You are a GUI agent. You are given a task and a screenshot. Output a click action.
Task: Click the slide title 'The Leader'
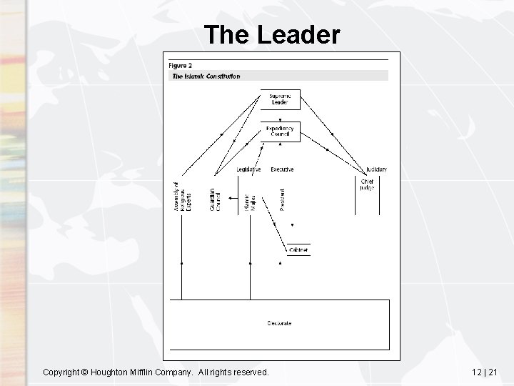point(271,34)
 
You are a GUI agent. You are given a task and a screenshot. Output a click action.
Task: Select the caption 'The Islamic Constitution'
point(206,76)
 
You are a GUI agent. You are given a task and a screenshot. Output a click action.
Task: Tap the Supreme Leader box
point(279,99)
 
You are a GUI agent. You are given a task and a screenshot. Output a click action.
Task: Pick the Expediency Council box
point(279,132)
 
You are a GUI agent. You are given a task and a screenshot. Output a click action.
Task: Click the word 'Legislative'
point(248,169)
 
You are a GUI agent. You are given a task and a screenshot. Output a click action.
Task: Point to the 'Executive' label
point(282,169)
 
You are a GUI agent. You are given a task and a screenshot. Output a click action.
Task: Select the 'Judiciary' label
point(376,169)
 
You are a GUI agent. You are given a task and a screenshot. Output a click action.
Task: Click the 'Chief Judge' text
point(367,184)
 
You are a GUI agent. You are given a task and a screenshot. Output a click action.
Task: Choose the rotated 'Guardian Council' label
point(215,199)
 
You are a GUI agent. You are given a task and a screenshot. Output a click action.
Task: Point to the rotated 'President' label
point(282,199)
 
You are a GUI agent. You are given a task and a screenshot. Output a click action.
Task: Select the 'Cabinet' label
point(299,250)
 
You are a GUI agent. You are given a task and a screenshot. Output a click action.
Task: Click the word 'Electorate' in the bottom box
point(279,323)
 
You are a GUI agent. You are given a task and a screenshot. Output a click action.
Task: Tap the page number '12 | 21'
point(485,372)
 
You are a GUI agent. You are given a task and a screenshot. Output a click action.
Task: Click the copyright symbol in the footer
point(84,372)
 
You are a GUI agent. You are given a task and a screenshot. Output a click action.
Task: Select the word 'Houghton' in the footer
point(111,372)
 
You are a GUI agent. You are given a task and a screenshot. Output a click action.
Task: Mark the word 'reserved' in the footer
point(248,372)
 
